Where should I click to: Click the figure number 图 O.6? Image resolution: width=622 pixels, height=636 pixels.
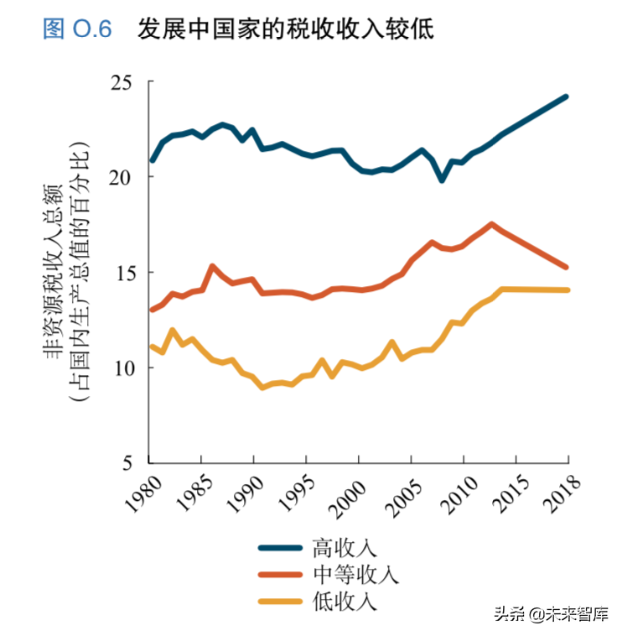pos(77,29)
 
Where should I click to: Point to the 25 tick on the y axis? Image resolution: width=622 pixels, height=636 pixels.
pos(122,82)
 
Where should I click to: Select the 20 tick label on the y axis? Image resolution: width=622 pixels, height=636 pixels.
pos(122,177)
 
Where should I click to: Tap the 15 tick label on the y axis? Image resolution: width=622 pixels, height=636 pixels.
pos(122,273)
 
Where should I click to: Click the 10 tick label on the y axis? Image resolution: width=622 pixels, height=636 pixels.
pos(122,368)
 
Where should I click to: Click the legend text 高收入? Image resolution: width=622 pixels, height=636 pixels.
pos(345,548)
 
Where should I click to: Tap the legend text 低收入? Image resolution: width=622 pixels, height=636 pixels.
pos(345,601)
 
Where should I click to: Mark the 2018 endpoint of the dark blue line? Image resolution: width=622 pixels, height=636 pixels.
pos(568,96)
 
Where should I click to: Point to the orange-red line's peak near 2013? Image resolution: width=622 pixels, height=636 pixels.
pos(491,224)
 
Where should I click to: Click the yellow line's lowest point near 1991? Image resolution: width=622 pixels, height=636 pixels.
pos(262,388)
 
